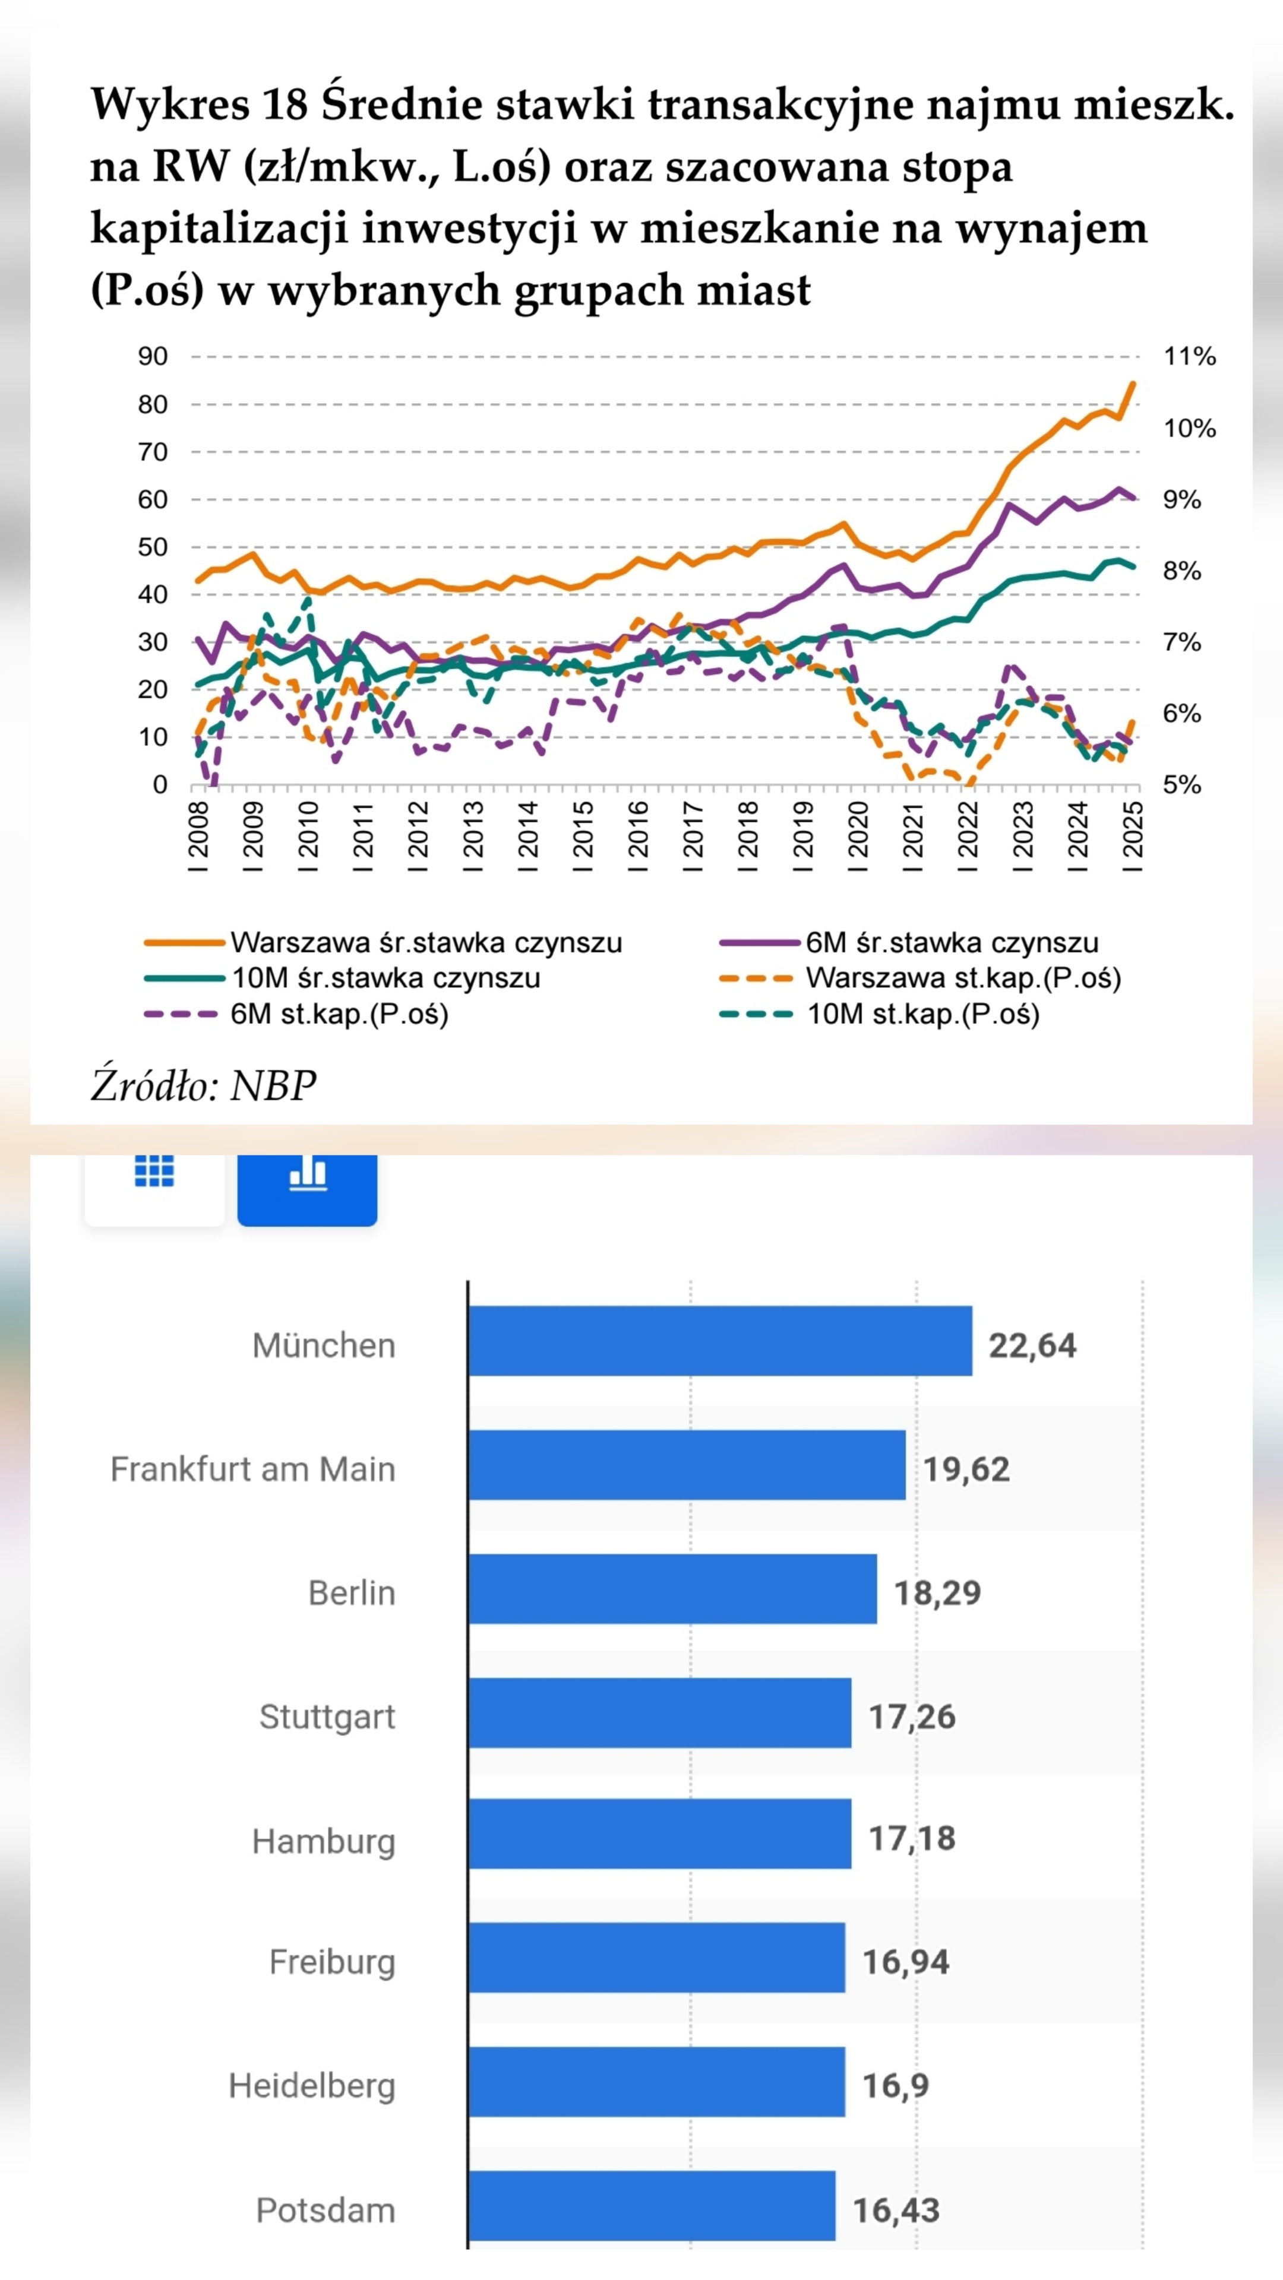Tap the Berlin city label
pos(352,1593)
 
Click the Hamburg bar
pos(660,1838)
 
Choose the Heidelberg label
pos(312,2085)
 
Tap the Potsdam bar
pos(652,2209)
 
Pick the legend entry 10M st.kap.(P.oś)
pos(922,1014)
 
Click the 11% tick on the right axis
pos(1189,357)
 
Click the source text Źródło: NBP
pos(204,1086)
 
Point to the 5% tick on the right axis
pos(1182,785)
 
